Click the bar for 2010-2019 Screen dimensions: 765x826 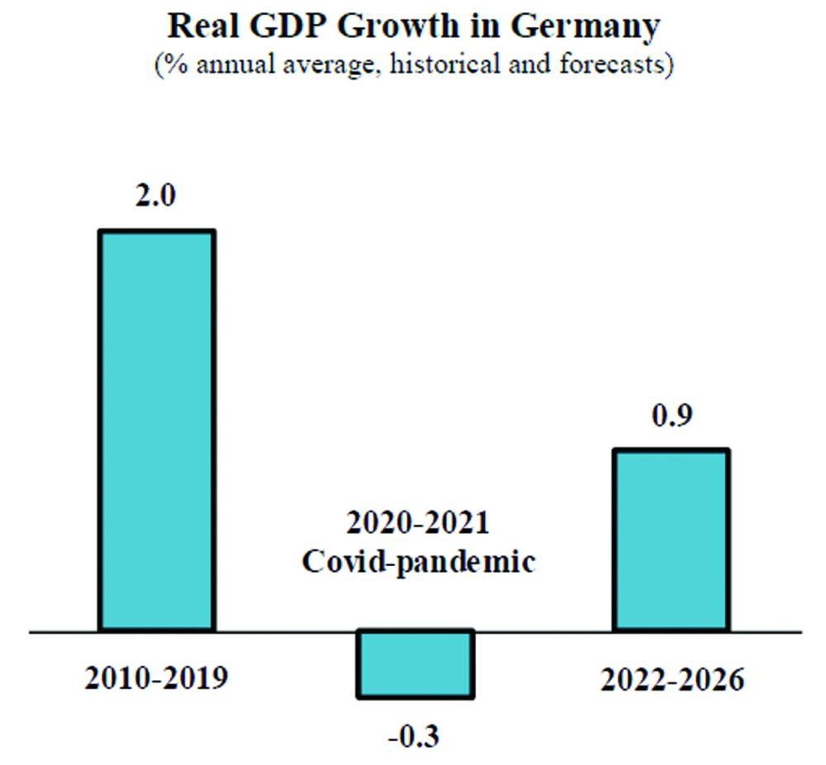pos(157,431)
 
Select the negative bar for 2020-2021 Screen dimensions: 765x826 pos(415,663)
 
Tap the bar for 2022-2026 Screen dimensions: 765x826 pos(670,541)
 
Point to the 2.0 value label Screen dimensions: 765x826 pos(157,198)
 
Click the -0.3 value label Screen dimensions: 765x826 pos(414,734)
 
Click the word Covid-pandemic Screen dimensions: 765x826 pos(417,562)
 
